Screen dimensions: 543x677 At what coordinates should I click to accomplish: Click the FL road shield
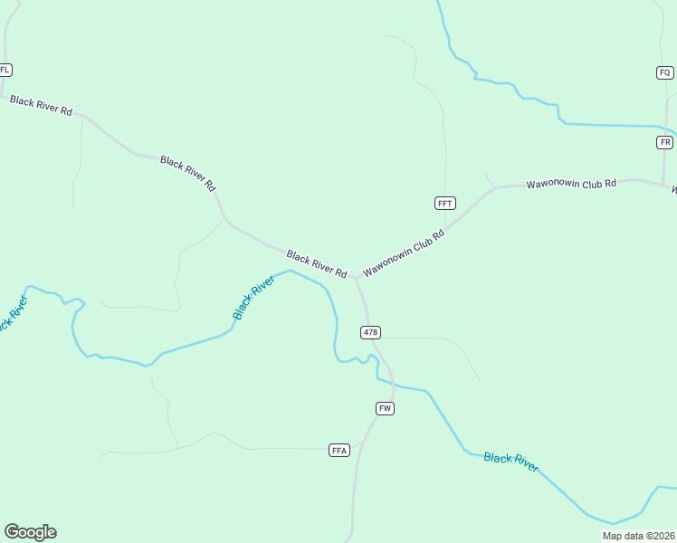point(5,70)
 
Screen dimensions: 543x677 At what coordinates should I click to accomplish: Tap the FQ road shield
point(665,72)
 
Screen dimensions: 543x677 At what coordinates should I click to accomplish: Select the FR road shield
point(665,143)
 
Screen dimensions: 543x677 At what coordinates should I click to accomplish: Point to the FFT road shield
point(444,204)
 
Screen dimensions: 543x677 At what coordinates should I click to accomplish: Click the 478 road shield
point(370,332)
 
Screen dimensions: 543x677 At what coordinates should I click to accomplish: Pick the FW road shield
point(385,409)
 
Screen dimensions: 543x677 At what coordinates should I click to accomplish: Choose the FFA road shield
point(339,450)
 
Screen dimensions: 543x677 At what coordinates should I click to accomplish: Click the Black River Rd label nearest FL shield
point(41,104)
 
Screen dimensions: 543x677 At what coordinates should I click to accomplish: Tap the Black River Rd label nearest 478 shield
point(317,263)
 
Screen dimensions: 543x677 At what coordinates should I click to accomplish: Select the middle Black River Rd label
point(188,172)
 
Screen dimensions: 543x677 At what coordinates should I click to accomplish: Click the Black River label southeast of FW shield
point(510,462)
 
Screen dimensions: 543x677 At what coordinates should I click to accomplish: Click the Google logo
point(30,532)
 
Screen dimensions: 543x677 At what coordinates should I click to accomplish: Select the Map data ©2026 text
point(638,536)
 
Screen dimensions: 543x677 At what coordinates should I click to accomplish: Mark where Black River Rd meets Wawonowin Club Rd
point(355,276)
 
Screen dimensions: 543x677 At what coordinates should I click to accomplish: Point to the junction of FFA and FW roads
point(361,444)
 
